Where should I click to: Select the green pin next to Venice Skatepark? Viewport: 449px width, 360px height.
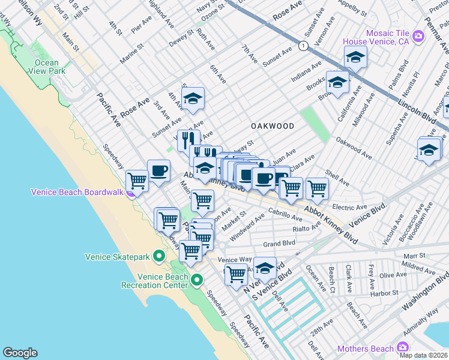[x=158, y=257]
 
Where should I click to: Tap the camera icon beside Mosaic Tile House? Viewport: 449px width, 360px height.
[x=418, y=37]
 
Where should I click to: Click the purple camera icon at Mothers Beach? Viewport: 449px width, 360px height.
[x=402, y=348]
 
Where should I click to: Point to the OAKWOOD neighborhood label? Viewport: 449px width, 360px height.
[x=273, y=127]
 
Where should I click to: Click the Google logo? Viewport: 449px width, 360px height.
[x=20, y=353]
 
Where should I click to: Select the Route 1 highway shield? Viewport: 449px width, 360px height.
[x=305, y=46]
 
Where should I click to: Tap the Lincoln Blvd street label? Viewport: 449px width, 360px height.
[x=417, y=111]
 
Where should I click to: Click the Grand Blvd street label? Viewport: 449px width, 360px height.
[x=279, y=244]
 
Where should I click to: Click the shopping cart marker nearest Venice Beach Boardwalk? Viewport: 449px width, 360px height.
[x=137, y=180]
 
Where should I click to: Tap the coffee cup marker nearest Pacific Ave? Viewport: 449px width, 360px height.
[x=158, y=170]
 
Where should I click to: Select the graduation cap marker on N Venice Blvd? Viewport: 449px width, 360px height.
[x=265, y=268]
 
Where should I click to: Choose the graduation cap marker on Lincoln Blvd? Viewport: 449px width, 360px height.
[x=355, y=58]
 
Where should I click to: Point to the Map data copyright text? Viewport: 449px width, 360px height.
[x=423, y=355]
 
